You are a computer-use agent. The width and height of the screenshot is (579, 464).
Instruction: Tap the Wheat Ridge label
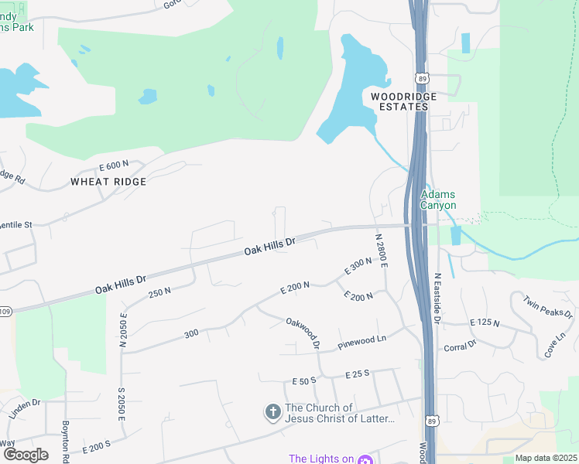[x=108, y=181]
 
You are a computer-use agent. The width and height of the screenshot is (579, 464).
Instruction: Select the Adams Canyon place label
[x=438, y=200]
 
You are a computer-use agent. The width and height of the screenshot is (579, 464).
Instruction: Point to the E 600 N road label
[x=114, y=166]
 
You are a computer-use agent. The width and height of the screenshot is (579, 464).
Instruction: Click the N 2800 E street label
[x=380, y=251]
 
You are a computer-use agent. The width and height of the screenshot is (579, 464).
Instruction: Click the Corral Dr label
[x=460, y=347]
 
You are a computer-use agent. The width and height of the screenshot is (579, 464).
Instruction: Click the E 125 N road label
[x=485, y=322]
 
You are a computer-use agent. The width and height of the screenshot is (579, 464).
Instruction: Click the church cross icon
[x=272, y=413]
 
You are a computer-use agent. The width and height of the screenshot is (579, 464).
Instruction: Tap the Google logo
[x=26, y=454]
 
